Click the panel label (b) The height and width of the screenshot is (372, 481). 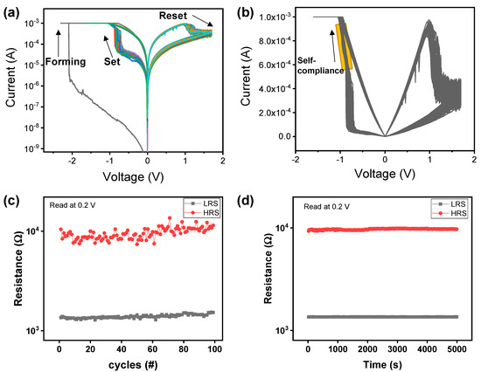click(x=253, y=10)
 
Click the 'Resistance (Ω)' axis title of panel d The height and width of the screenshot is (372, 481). click(x=254, y=271)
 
